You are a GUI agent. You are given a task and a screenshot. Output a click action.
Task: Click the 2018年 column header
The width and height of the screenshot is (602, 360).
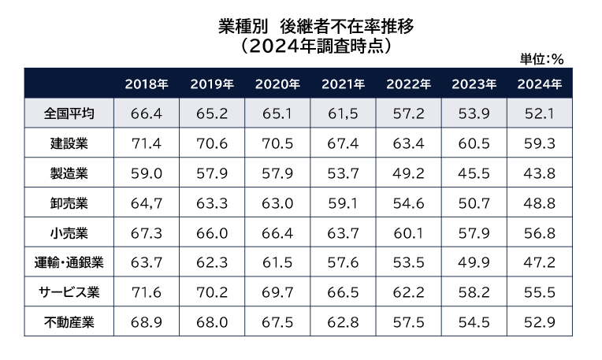146,84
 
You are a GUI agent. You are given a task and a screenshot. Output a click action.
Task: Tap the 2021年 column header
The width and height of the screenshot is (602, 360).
343,84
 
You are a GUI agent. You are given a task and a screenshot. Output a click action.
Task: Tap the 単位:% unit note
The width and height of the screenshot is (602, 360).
541,58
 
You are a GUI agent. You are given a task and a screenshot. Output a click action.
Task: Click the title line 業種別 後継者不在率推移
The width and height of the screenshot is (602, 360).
316,25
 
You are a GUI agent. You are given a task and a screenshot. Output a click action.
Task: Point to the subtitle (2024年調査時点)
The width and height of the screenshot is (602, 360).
316,44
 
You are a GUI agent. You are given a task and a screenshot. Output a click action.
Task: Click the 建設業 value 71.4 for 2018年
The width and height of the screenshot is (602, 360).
146,143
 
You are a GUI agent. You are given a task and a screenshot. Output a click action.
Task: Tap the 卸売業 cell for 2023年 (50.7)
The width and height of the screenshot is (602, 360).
474,203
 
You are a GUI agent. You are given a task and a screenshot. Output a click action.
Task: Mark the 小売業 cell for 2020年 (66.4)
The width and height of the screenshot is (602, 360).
277,232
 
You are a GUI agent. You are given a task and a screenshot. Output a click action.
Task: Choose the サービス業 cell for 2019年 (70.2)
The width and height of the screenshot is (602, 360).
212,292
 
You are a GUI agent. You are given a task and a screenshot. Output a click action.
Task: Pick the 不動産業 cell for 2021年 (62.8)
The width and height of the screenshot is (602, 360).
343,322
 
